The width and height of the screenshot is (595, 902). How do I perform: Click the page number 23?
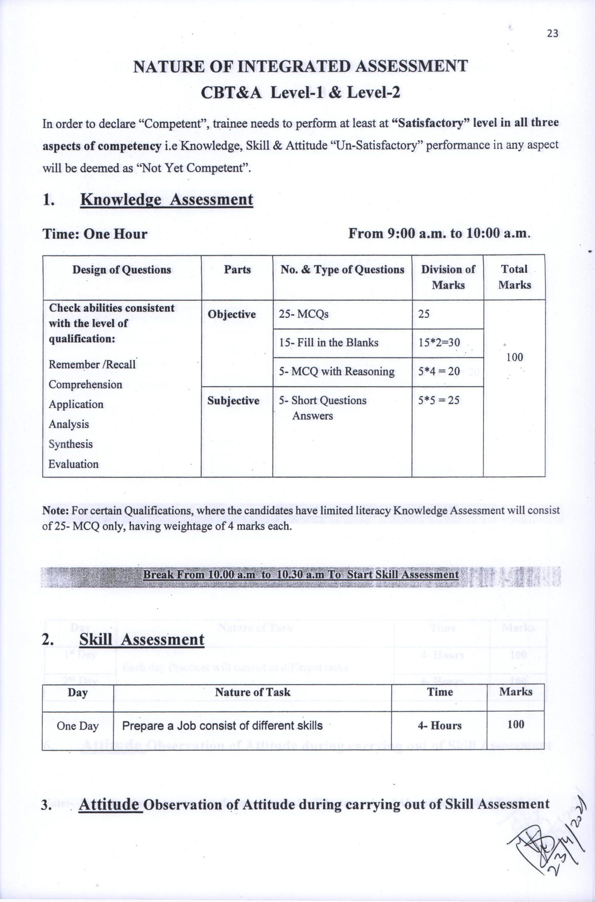(x=552, y=34)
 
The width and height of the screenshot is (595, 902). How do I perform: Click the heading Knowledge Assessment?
(x=167, y=199)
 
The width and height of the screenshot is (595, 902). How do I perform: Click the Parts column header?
(x=237, y=270)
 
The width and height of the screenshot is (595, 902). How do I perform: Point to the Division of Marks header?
(x=448, y=277)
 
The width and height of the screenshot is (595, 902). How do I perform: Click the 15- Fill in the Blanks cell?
(x=329, y=342)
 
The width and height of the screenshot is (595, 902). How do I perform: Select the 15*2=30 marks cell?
(x=439, y=342)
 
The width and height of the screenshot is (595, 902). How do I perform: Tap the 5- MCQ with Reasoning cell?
(x=337, y=371)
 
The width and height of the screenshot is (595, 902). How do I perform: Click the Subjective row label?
(x=233, y=401)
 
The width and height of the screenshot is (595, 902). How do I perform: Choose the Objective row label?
(x=232, y=314)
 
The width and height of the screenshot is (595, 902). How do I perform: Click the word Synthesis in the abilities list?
(x=70, y=444)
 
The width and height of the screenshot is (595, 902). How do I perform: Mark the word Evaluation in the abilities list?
(x=73, y=464)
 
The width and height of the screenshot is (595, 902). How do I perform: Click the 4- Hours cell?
(x=440, y=725)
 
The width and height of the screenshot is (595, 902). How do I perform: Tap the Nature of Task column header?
(x=252, y=692)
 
